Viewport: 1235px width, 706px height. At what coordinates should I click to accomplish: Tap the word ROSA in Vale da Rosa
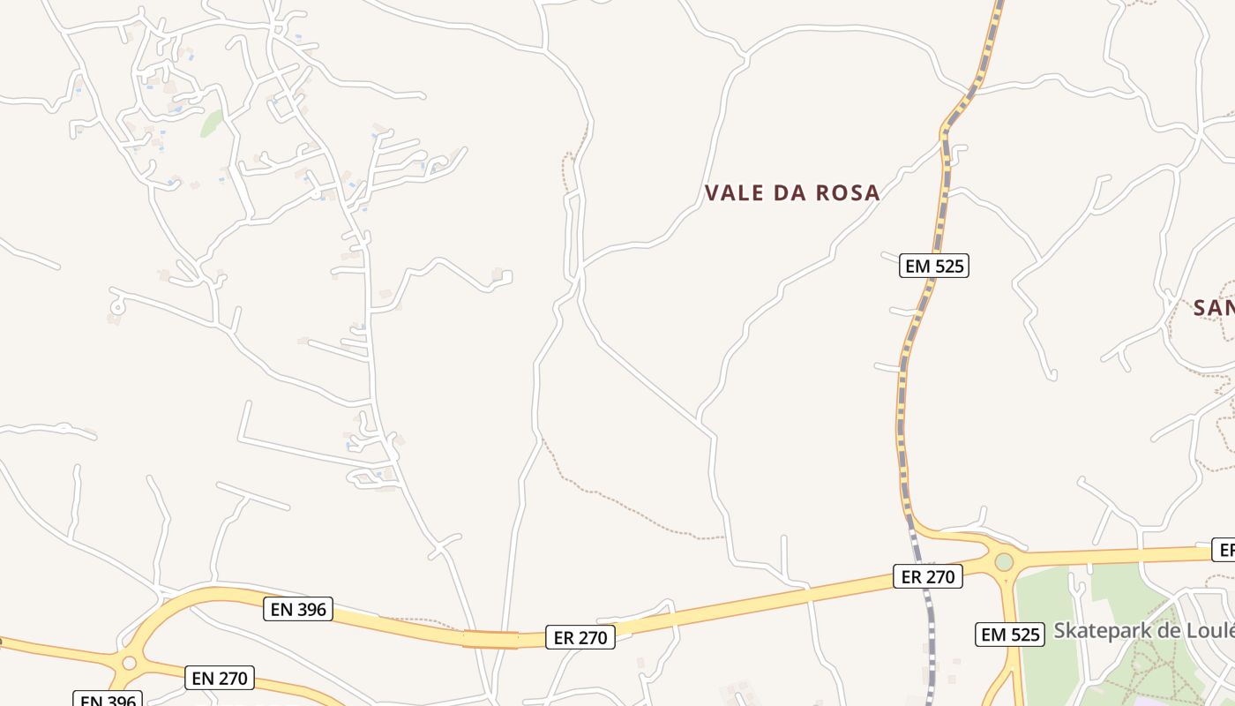tap(844, 193)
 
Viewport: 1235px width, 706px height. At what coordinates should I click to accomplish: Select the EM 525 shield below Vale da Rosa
tap(934, 265)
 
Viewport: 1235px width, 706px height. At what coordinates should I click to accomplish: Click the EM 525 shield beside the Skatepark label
tap(1010, 634)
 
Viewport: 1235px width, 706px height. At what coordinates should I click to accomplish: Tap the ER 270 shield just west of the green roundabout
tap(927, 577)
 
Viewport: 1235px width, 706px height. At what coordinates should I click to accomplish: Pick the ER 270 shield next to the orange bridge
tap(580, 637)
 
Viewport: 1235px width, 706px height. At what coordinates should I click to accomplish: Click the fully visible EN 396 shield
tap(298, 609)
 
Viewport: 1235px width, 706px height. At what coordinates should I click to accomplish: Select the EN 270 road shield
tap(221, 678)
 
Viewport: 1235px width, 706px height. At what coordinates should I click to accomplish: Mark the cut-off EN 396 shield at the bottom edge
tap(108, 700)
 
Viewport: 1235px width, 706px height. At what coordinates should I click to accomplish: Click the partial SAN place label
tap(1213, 308)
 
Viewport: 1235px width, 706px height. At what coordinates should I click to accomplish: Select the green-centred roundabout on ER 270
tap(1004, 561)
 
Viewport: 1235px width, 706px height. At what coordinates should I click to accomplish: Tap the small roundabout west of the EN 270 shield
tap(130, 663)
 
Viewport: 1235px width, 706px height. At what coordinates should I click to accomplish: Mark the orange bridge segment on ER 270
tap(490, 639)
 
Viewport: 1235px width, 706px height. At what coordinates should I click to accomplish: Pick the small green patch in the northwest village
tap(212, 124)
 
